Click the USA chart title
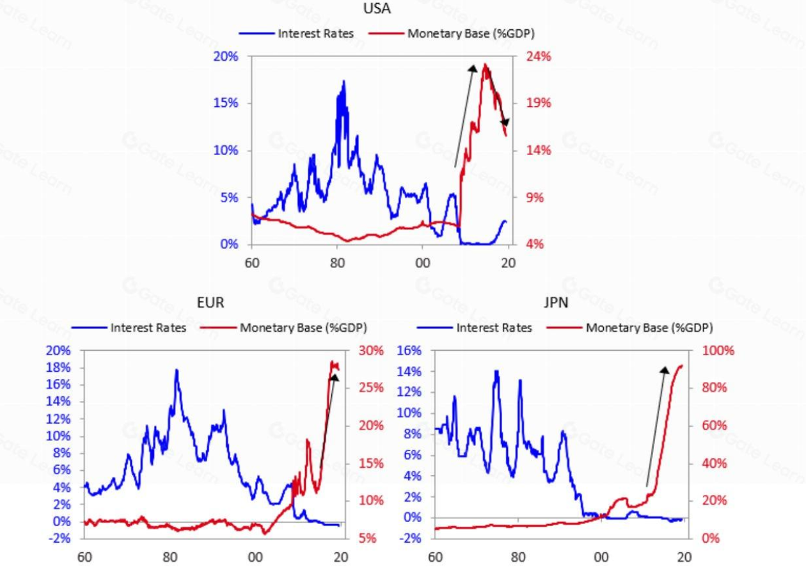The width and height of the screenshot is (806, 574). tap(377, 9)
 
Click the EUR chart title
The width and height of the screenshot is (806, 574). tap(210, 303)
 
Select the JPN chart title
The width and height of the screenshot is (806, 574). tap(556, 303)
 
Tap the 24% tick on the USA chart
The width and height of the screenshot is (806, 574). tap(539, 56)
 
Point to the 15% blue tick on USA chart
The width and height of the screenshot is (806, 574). tap(225, 103)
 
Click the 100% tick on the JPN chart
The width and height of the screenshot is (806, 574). tap(718, 351)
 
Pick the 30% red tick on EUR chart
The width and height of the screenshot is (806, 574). tap(370, 351)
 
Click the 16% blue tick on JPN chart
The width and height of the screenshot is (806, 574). tap(409, 351)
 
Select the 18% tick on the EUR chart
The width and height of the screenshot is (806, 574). tap(59, 368)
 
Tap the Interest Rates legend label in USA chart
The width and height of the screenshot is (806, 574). tap(315, 33)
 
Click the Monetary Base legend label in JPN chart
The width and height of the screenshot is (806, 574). tap(649, 328)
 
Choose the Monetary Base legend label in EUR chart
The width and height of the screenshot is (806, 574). tap(303, 328)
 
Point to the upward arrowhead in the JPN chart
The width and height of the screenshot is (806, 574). tap(665, 369)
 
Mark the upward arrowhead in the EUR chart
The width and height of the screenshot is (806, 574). tap(334, 378)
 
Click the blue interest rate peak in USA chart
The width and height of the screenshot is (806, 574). tap(344, 81)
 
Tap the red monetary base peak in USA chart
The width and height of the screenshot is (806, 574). tap(486, 65)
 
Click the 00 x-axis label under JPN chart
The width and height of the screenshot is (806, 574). tap(601, 557)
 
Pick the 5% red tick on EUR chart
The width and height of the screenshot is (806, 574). tap(367, 539)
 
